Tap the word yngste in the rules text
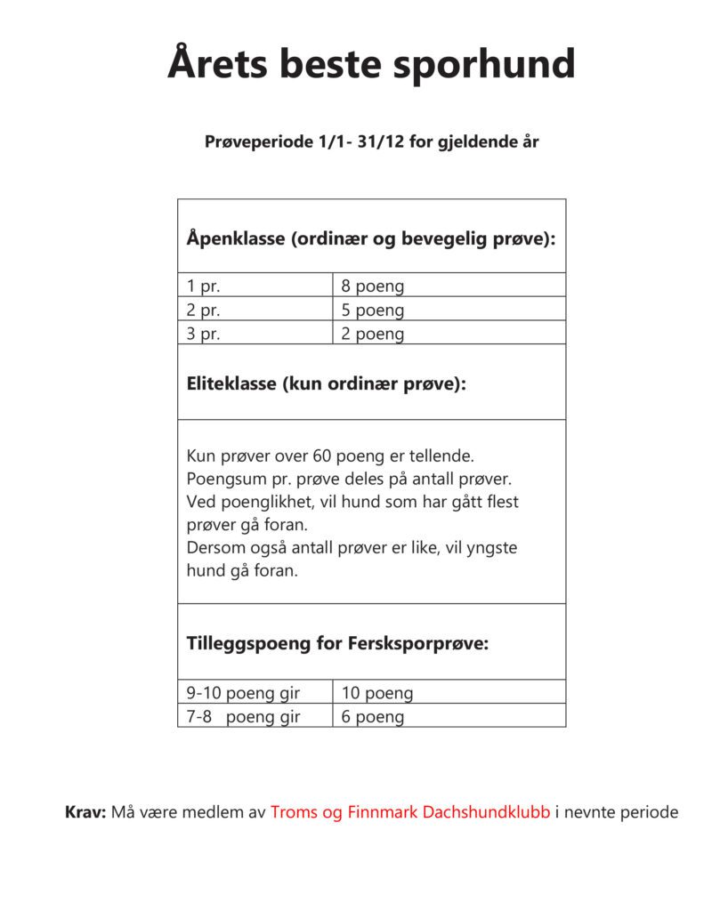point(491,548)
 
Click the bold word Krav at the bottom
point(85,812)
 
